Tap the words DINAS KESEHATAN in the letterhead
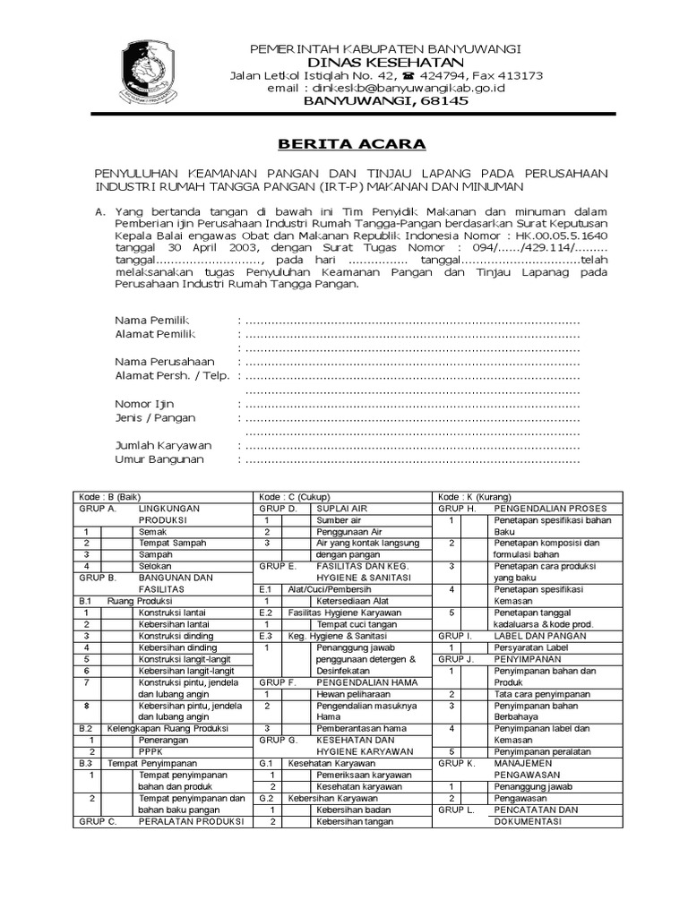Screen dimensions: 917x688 (x=386, y=62)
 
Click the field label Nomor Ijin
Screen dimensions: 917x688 (x=144, y=404)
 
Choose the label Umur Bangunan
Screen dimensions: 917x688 (x=159, y=459)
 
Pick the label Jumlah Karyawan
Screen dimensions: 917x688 (x=163, y=445)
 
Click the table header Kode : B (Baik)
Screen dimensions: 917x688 (x=111, y=496)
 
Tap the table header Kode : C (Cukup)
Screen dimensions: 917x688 (x=294, y=496)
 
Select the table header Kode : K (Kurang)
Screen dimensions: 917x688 (x=474, y=496)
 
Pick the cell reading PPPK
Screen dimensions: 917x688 (x=151, y=751)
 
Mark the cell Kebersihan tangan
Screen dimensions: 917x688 (x=355, y=820)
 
